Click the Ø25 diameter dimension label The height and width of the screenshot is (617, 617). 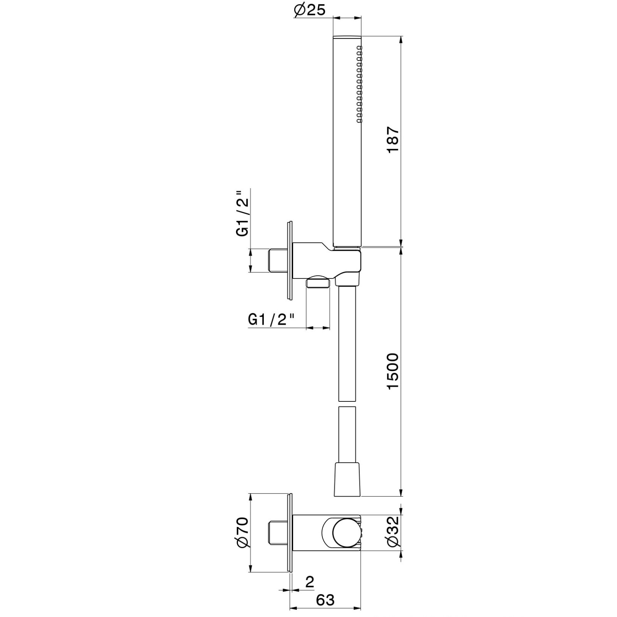309,10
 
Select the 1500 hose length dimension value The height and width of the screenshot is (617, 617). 393,371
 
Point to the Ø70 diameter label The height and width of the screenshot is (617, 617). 243,532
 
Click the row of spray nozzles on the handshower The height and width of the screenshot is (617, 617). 359,84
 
